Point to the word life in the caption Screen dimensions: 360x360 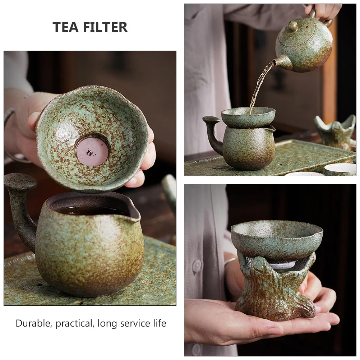pos(158,323)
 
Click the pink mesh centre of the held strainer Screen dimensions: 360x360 pos(92,151)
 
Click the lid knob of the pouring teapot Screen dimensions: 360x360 pos(293,26)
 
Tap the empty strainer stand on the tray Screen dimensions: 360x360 pos(336,131)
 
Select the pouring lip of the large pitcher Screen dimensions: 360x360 pos(133,212)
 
